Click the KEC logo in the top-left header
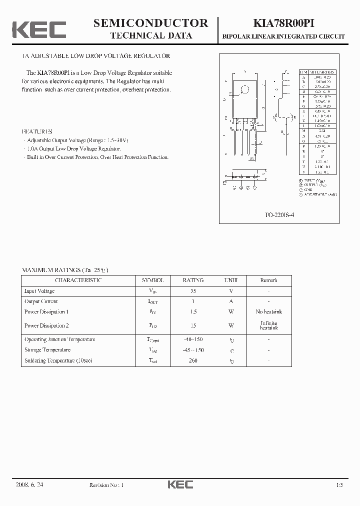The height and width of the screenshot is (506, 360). click(39, 29)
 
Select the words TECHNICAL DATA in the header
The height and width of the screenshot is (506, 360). click(150, 35)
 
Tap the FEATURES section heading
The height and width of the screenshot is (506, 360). click(37, 131)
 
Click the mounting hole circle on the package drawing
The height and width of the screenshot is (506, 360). click(245, 90)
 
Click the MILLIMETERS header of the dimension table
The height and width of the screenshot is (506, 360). click(321, 72)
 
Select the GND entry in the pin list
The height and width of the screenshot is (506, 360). click(308, 189)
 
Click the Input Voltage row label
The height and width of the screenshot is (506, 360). click(39, 291)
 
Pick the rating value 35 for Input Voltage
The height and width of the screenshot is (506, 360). click(193, 291)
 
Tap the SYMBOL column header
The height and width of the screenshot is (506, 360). click(152, 280)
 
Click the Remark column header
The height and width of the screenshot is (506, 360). click(268, 280)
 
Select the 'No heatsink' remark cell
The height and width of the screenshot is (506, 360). click(268, 311)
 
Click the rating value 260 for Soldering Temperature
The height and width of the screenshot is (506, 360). click(193, 360)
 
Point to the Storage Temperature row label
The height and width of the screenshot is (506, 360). click(47, 350)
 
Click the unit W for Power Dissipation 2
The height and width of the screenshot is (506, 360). click(231, 325)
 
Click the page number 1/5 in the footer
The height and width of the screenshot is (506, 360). click(340, 485)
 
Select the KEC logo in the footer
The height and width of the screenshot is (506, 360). click(180, 484)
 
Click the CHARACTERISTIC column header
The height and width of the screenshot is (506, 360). click(78, 280)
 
